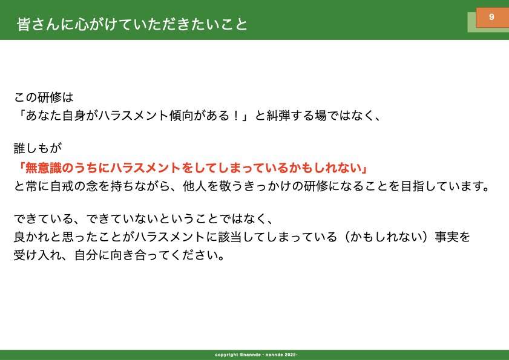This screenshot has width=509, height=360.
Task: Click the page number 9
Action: point(491,16)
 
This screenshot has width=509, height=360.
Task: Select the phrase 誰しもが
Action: point(38,148)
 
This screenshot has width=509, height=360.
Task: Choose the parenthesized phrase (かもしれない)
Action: point(386,237)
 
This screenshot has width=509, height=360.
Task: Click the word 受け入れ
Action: point(38,255)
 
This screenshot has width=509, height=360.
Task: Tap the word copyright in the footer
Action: point(226,355)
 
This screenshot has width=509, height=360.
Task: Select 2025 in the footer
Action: point(290,355)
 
